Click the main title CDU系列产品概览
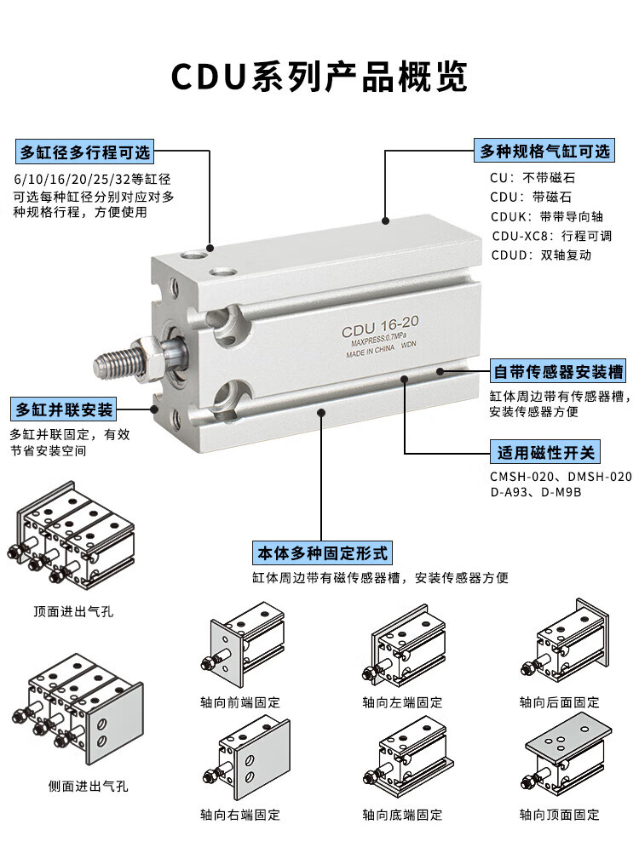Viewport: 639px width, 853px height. pyautogui.click(x=319, y=76)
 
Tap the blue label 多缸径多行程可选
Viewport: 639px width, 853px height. pyautogui.click(x=84, y=152)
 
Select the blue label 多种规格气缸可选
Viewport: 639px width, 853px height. pyautogui.click(x=544, y=151)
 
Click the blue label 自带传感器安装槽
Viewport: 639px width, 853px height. pyautogui.click(x=557, y=371)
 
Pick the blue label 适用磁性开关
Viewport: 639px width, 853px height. pyautogui.click(x=545, y=452)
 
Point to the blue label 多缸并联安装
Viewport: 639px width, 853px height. pyautogui.click(x=64, y=409)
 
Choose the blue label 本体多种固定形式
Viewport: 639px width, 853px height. pyautogui.click(x=322, y=553)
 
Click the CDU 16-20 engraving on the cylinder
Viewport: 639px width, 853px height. pyautogui.click(x=380, y=326)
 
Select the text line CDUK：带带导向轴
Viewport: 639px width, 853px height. pyautogui.click(x=547, y=216)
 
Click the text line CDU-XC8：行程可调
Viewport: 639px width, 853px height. pyautogui.click(x=551, y=236)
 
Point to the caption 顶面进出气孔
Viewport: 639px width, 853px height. pyautogui.click(x=73, y=611)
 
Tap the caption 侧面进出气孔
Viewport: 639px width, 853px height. pyautogui.click(x=88, y=786)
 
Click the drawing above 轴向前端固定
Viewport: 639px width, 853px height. pyautogui.click(x=244, y=644)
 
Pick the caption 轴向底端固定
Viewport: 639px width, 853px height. pyautogui.click(x=402, y=815)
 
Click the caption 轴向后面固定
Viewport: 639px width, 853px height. pyautogui.click(x=559, y=701)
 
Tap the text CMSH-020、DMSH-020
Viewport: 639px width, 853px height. pyautogui.click(x=561, y=477)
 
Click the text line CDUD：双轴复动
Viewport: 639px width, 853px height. pyautogui.click(x=541, y=255)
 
